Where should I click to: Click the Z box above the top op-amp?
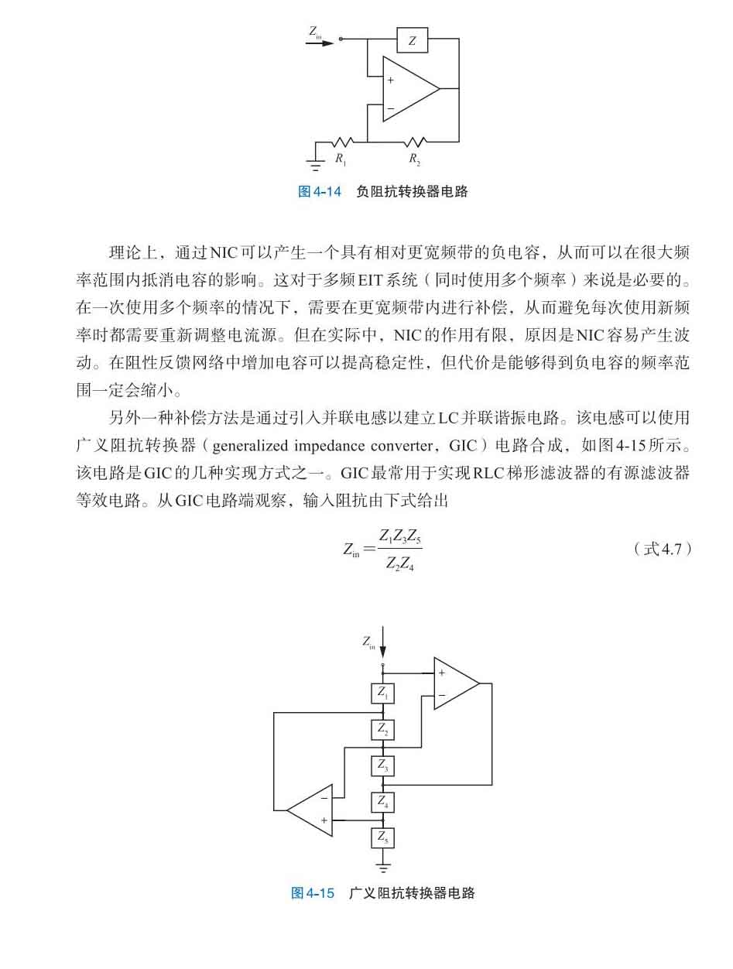pos(412,40)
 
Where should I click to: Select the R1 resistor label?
pos(341,159)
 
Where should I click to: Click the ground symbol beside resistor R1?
pos(315,162)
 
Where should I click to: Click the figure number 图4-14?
pos(320,192)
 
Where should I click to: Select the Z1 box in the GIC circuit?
pos(383,693)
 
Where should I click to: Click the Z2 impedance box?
pos(383,729)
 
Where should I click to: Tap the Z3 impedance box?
pos(383,765)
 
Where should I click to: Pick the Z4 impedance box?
pos(383,802)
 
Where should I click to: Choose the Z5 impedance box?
pos(383,837)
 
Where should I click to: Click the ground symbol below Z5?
pos(382,867)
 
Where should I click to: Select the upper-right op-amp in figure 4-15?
pos(454,683)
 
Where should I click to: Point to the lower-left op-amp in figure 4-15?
pos(311,810)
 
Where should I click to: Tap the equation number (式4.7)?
pos(662,549)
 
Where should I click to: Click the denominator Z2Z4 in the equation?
pos(399,563)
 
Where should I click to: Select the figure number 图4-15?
pos(313,893)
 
